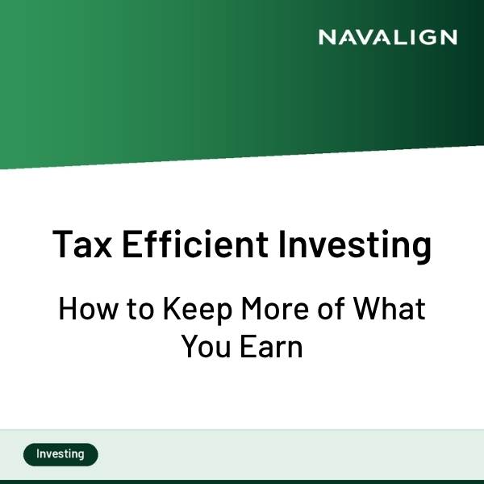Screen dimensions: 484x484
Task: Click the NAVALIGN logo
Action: point(387,37)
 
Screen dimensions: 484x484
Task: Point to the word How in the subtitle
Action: point(83,309)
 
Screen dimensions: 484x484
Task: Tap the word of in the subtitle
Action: point(330,309)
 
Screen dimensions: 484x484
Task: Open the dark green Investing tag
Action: point(60,454)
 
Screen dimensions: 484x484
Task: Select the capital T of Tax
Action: point(64,244)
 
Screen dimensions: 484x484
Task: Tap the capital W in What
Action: point(368,309)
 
